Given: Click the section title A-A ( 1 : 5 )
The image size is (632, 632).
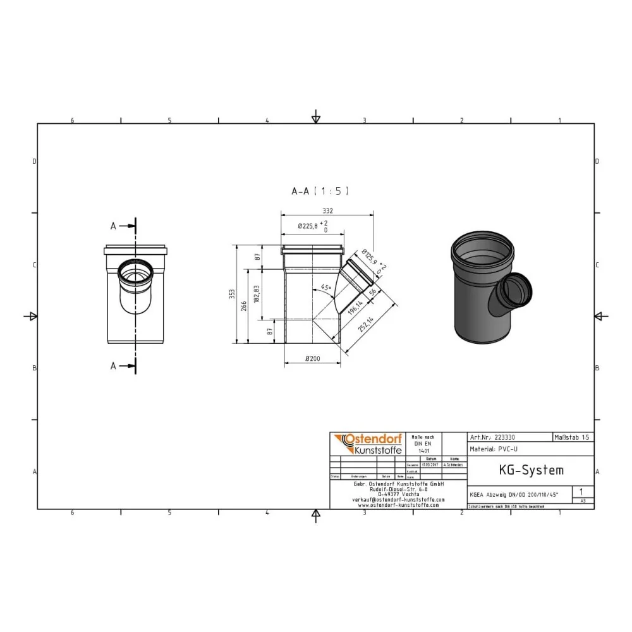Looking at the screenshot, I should point(319,190).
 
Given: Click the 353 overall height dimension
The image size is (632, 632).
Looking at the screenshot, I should point(232,293).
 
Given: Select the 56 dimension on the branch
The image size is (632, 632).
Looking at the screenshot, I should point(374,291).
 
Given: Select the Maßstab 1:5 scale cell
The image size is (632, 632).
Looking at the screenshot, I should point(573,437).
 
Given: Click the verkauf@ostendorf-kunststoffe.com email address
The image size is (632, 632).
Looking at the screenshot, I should point(398,499).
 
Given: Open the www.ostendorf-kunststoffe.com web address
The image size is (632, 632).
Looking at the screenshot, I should point(398,505).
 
